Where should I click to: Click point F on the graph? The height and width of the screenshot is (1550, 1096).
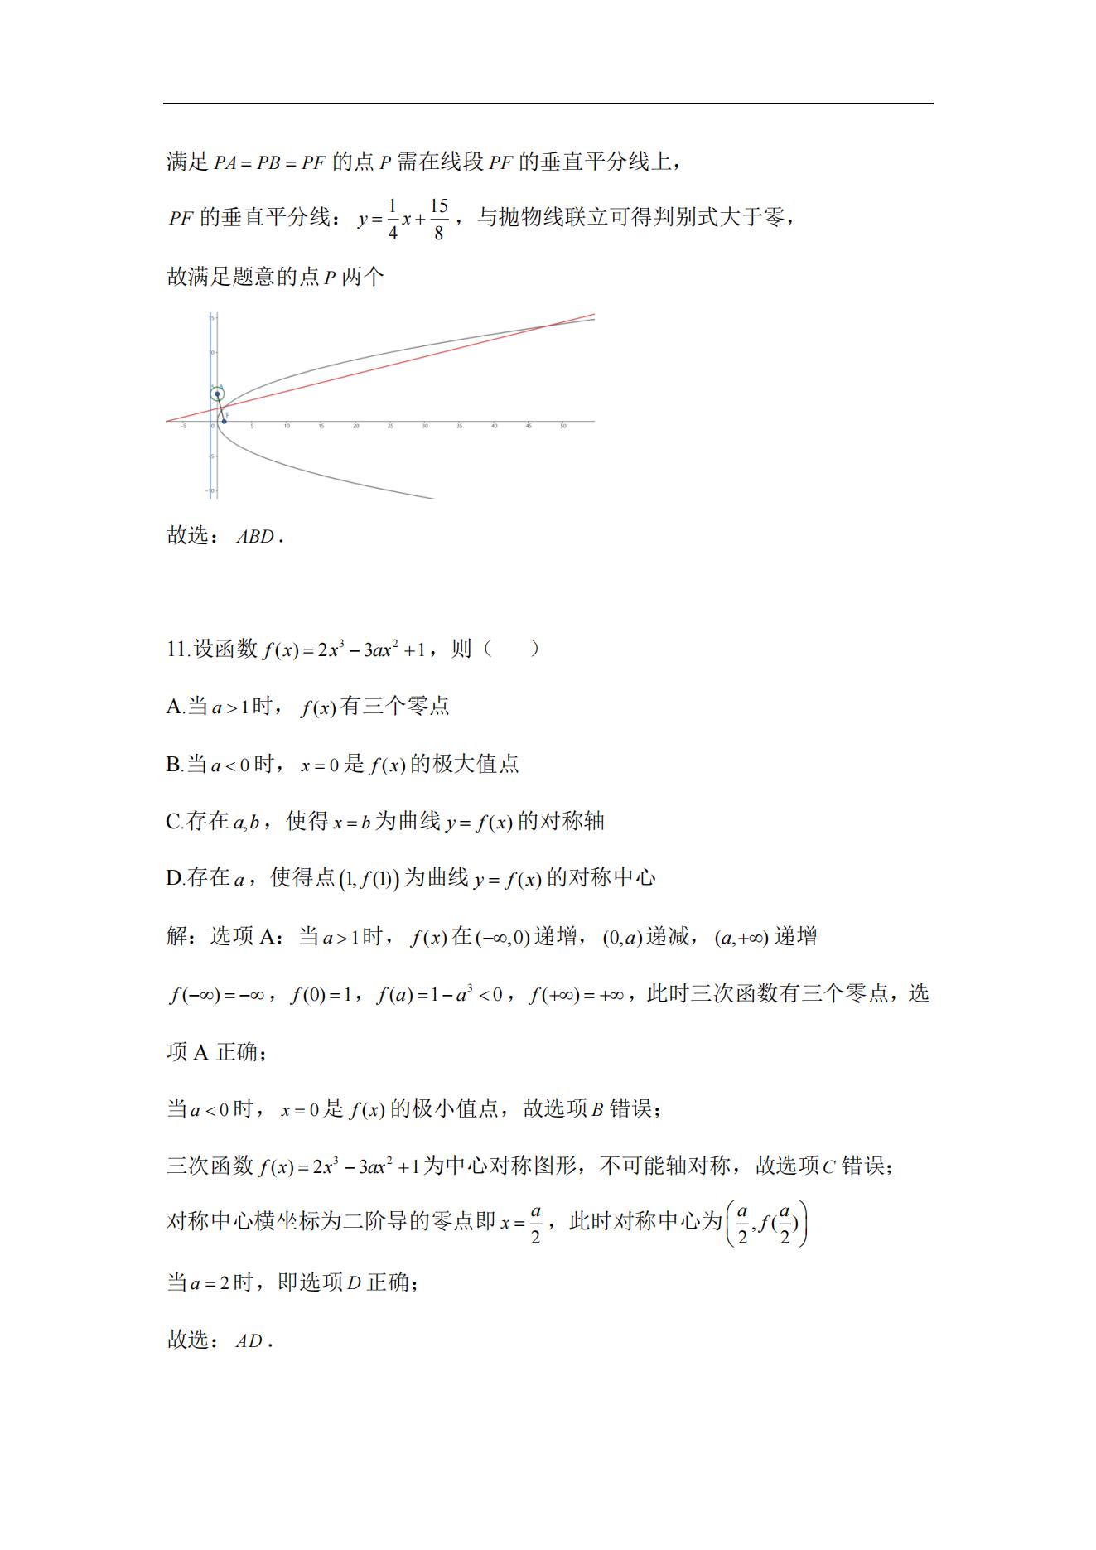(x=224, y=421)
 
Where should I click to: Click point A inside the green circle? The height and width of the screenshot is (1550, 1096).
(x=217, y=394)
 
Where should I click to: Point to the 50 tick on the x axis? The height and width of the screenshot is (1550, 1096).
(x=562, y=426)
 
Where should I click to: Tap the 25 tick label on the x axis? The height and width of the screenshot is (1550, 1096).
(x=390, y=426)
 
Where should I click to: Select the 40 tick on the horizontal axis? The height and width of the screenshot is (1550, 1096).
(x=494, y=426)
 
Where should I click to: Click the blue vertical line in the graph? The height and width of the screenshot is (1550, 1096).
(x=210, y=464)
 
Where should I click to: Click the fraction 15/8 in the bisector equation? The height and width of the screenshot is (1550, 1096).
(x=438, y=220)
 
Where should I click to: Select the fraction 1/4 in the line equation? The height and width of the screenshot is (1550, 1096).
(x=393, y=220)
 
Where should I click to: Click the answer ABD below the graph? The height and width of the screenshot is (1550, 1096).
(x=255, y=537)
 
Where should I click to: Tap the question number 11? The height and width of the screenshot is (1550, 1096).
(x=177, y=649)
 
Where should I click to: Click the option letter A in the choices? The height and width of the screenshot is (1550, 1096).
(x=174, y=707)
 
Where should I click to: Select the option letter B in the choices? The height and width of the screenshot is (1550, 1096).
(x=174, y=765)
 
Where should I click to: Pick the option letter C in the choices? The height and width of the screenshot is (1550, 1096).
(x=174, y=822)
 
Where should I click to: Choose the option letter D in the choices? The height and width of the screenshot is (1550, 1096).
(x=174, y=878)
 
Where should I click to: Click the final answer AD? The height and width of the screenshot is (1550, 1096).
(x=249, y=1341)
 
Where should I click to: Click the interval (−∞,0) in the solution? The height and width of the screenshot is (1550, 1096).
(x=503, y=938)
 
